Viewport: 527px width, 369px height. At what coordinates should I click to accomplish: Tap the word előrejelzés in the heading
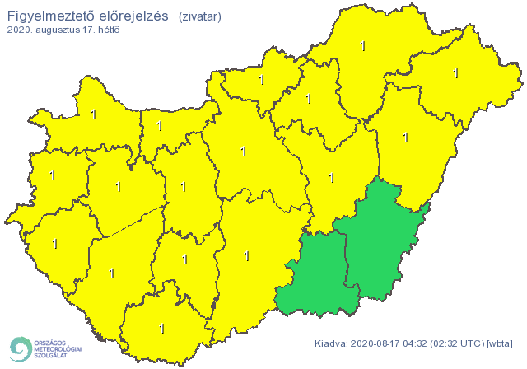[133, 16]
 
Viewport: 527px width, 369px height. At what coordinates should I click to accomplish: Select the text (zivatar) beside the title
[199, 16]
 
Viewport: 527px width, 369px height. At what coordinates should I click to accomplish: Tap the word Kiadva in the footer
[331, 343]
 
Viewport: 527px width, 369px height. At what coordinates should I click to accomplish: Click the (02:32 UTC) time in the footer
[455, 343]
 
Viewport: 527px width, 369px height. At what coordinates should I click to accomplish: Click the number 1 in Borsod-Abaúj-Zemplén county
[363, 46]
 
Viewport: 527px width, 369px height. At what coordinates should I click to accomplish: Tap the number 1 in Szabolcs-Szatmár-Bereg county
[455, 73]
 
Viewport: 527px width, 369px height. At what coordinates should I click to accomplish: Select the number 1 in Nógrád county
[262, 80]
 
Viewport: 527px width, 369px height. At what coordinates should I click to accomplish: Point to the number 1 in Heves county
[309, 99]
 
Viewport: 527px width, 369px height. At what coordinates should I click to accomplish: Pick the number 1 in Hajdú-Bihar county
[405, 137]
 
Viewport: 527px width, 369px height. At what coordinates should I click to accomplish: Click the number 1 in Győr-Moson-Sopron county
[94, 114]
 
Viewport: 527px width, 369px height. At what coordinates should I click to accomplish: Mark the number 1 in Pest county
[242, 152]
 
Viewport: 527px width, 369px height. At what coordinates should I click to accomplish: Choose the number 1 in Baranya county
[162, 328]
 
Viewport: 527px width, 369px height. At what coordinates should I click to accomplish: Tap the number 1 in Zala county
[55, 243]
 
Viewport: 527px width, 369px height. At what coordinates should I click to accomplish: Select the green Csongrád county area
[317, 276]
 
